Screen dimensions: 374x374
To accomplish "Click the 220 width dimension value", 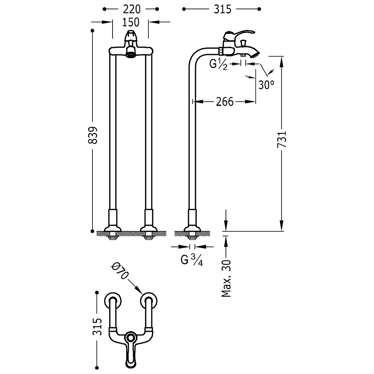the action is (x=132, y=9).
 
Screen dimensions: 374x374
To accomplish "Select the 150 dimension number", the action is (x=131, y=22).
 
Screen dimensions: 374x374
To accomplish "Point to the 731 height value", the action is (x=282, y=139).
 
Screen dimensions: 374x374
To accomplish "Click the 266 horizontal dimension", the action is (x=225, y=102).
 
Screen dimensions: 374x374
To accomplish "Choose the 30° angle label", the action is (x=266, y=85).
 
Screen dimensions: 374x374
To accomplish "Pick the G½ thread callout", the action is (x=218, y=64).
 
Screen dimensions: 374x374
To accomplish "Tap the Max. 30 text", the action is (x=226, y=278).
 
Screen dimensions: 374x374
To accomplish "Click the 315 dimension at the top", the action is (x=222, y=9).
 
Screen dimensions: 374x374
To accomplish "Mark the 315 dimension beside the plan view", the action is (x=97, y=327).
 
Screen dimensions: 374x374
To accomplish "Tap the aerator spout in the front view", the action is (x=131, y=52).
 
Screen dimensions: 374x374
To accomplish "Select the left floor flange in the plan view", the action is (x=113, y=300).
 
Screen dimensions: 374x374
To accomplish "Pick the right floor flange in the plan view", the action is (x=149, y=300).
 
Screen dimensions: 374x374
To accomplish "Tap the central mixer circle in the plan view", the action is (x=131, y=337).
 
